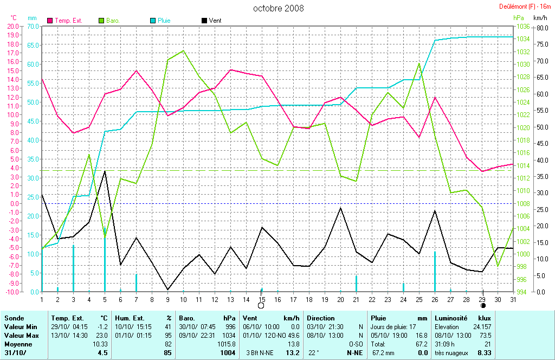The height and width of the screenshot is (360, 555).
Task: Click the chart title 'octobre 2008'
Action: pyautogui.click(x=279, y=8)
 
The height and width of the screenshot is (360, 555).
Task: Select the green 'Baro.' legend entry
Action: pyautogui.click(x=113, y=21)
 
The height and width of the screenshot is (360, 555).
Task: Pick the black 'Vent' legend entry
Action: pyautogui.click(x=215, y=21)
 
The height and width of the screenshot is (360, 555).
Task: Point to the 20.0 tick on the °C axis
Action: pyautogui.click(x=12, y=26)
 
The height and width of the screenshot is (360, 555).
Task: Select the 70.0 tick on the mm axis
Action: pyautogui.click(x=33, y=26)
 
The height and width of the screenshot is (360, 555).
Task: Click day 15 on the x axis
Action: pyautogui.click(x=262, y=299)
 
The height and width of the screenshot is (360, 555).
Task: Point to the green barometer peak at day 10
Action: pyautogui.click(x=183, y=50)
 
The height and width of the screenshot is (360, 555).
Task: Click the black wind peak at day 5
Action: pyautogui.click(x=105, y=171)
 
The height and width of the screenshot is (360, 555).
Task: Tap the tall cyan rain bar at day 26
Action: pyautogui.click(x=435, y=271)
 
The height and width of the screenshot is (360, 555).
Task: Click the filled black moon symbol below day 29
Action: pyautogui.click(x=483, y=306)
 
